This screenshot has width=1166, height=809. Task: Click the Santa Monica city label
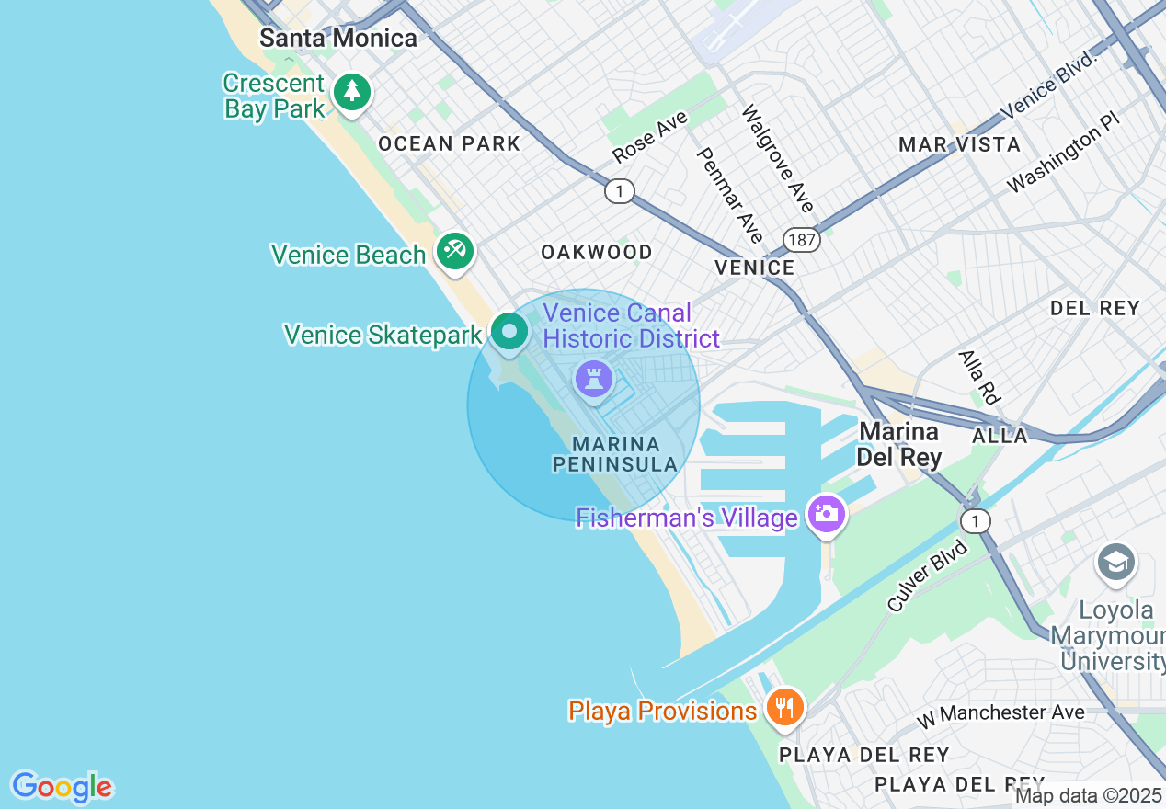(337, 38)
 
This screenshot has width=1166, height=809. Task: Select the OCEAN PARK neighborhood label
(449, 143)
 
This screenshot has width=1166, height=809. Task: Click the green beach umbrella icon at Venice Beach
(454, 251)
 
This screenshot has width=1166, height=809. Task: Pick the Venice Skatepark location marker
(509, 332)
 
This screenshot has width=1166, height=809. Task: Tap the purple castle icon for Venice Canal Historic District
(593, 379)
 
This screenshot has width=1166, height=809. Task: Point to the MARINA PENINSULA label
(614, 454)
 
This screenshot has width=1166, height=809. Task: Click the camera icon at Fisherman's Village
(826, 514)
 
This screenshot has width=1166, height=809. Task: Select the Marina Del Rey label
(899, 444)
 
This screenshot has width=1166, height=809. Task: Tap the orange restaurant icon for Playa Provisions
(784, 708)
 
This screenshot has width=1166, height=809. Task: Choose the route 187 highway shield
(802, 240)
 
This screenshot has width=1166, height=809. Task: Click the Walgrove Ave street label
(778, 158)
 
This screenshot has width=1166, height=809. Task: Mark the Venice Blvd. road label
(1051, 85)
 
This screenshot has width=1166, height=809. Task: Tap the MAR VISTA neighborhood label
(959, 144)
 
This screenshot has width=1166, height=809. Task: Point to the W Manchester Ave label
(1000, 712)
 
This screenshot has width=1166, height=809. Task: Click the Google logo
(62, 787)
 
